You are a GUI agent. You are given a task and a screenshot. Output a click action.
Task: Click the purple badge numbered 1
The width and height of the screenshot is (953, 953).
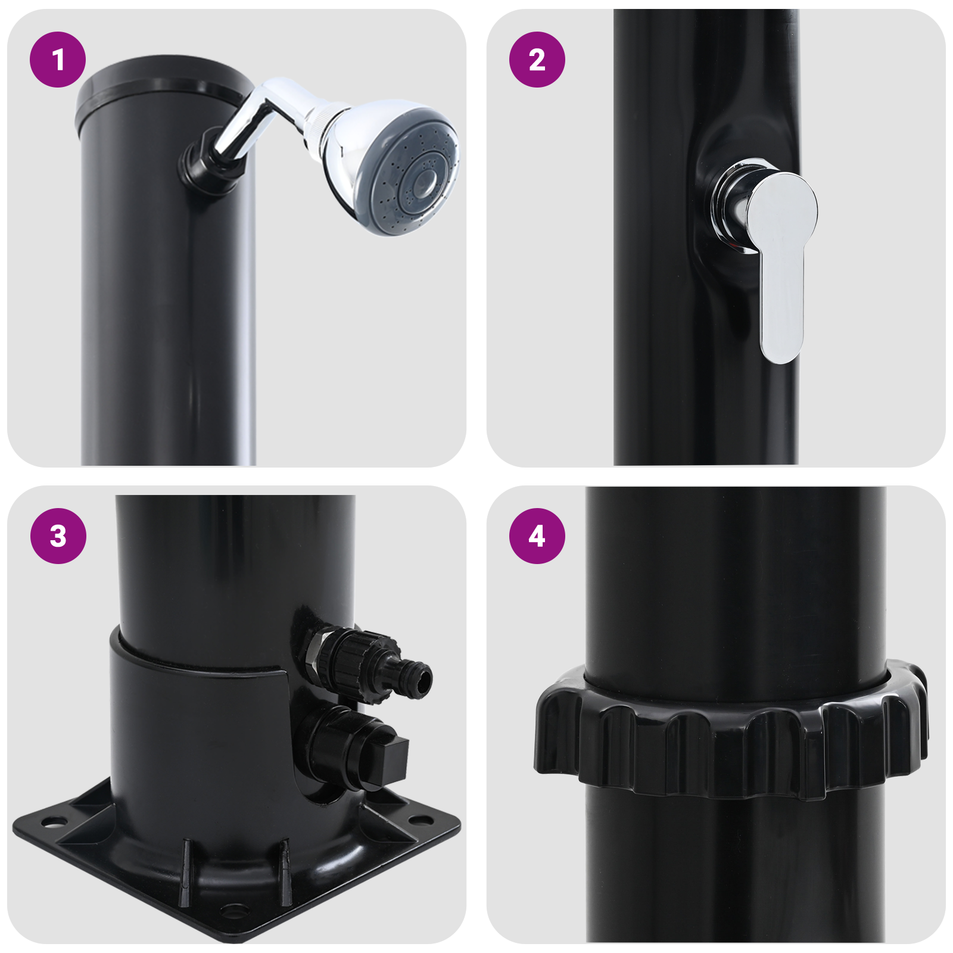[x=58, y=60]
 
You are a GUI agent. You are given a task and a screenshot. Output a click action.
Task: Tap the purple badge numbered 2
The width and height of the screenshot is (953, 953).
[x=537, y=60]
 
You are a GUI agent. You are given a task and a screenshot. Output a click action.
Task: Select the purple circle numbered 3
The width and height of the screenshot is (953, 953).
[x=58, y=535]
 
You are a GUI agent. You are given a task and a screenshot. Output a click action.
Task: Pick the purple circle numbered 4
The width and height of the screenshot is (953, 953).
[x=537, y=535]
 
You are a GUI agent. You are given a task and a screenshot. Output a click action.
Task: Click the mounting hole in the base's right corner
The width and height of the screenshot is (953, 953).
[x=422, y=821]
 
